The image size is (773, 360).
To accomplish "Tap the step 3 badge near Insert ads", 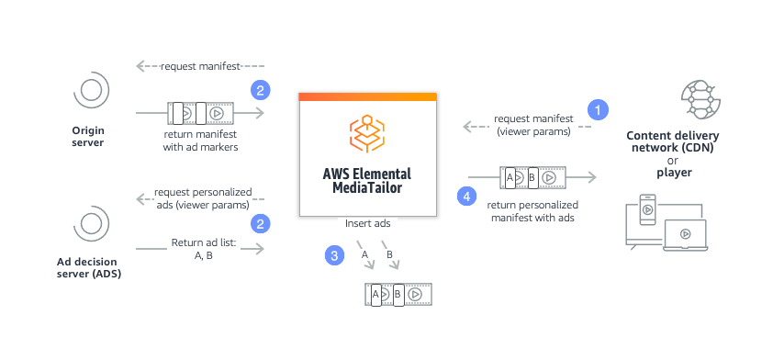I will click(334, 255).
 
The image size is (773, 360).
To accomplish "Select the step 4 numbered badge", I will click(467, 196).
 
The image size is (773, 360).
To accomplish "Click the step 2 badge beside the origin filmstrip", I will click(261, 91).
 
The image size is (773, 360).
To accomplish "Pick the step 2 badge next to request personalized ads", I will click(261, 223).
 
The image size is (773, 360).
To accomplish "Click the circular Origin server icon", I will click(90, 91).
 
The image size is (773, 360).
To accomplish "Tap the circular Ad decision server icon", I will click(90, 223).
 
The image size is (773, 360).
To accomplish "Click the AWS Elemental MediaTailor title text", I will click(366, 181).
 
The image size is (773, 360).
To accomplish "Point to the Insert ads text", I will click(366, 223).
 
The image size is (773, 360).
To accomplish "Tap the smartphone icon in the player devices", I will click(647, 208).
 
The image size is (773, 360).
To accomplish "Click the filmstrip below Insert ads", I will click(399, 294).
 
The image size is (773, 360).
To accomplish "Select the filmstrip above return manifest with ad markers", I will click(201, 113).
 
